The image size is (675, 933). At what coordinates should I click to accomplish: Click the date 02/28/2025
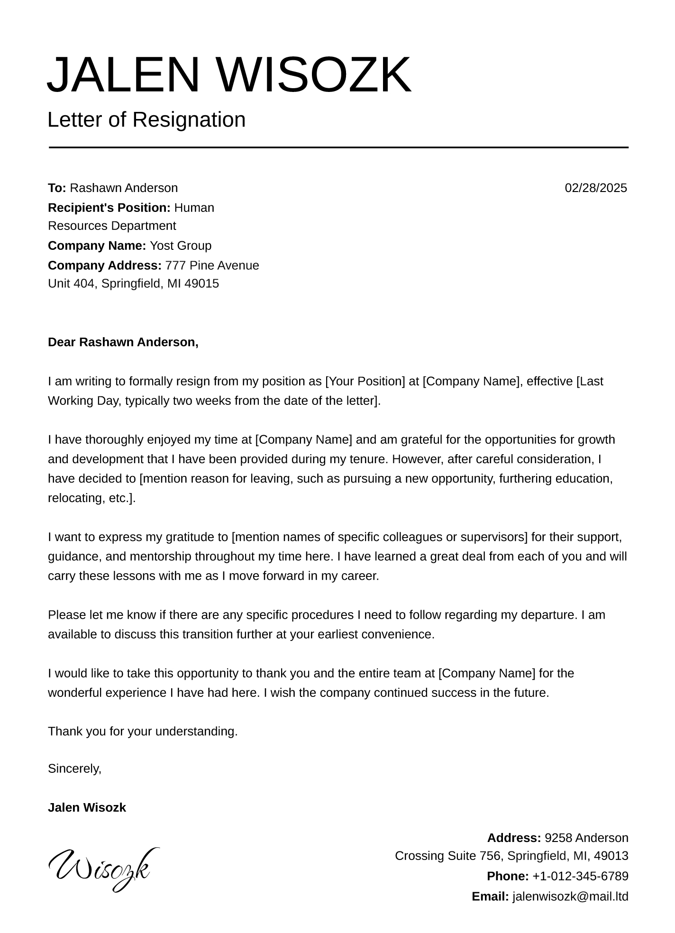click(595, 188)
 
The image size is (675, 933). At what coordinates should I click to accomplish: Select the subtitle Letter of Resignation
click(146, 120)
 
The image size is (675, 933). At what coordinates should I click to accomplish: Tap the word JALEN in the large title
click(123, 75)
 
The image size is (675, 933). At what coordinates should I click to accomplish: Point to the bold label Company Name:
click(97, 246)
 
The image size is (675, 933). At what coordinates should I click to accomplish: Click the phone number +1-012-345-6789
click(580, 876)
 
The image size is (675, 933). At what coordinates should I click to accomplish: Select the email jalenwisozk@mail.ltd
click(570, 896)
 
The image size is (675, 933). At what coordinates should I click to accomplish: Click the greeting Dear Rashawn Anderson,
click(123, 342)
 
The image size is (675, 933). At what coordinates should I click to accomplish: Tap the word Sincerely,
click(75, 768)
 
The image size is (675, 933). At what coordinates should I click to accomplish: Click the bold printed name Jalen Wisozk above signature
click(87, 807)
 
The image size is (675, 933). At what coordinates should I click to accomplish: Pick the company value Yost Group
click(181, 246)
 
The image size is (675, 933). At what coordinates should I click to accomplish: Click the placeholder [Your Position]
click(365, 381)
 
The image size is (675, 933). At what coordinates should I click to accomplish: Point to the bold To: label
click(57, 188)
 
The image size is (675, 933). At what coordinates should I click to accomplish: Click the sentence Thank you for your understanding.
click(143, 732)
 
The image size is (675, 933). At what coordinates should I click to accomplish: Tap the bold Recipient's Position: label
click(109, 208)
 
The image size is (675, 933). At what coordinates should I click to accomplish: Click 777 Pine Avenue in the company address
click(212, 265)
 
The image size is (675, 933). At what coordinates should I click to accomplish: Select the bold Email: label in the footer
click(490, 896)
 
